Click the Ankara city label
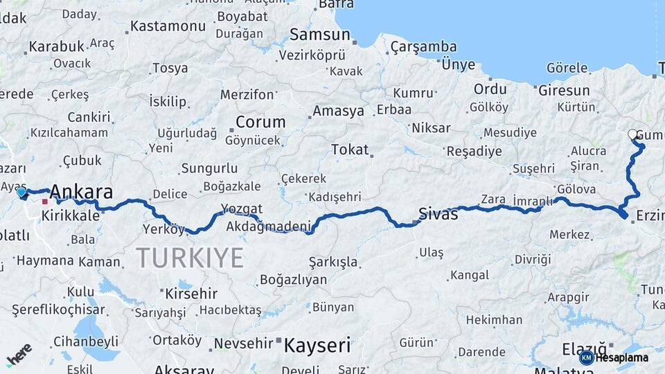click(x=82, y=191)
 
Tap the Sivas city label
click(x=438, y=214)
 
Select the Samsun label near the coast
click(x=319, y=34)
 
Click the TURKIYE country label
click(x=190, y=258)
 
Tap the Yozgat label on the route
click(x=242, y=208)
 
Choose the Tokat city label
click(x=350, y=150)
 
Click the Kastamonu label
click(x=168, y=26)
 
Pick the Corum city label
click(x=260, y=122)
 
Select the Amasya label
click(x=338, y=111)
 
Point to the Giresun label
click(x=564, y=90)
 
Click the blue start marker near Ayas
click(x=22, y=192)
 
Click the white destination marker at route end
click(x=632, y=134)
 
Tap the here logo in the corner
click(x=19, y=355)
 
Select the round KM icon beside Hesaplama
click(x=587, y=357)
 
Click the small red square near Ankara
click(x=45, y=202)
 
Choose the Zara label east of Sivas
click(x=493, y=199)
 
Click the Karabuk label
click(x=56, y=46)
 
